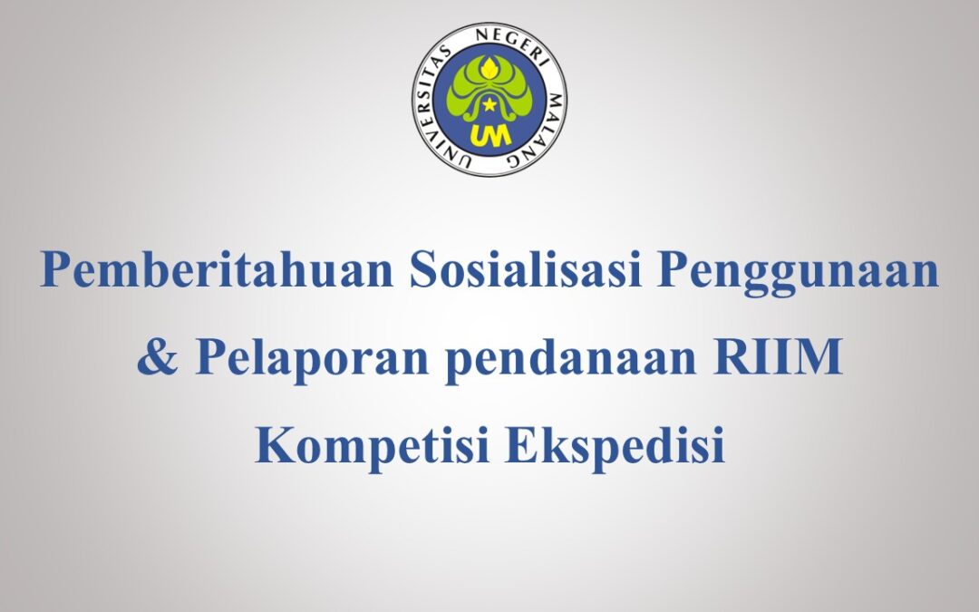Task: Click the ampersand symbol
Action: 156,357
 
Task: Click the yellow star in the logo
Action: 489,106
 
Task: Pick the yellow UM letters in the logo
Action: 489,134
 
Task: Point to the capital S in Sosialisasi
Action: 424,271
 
